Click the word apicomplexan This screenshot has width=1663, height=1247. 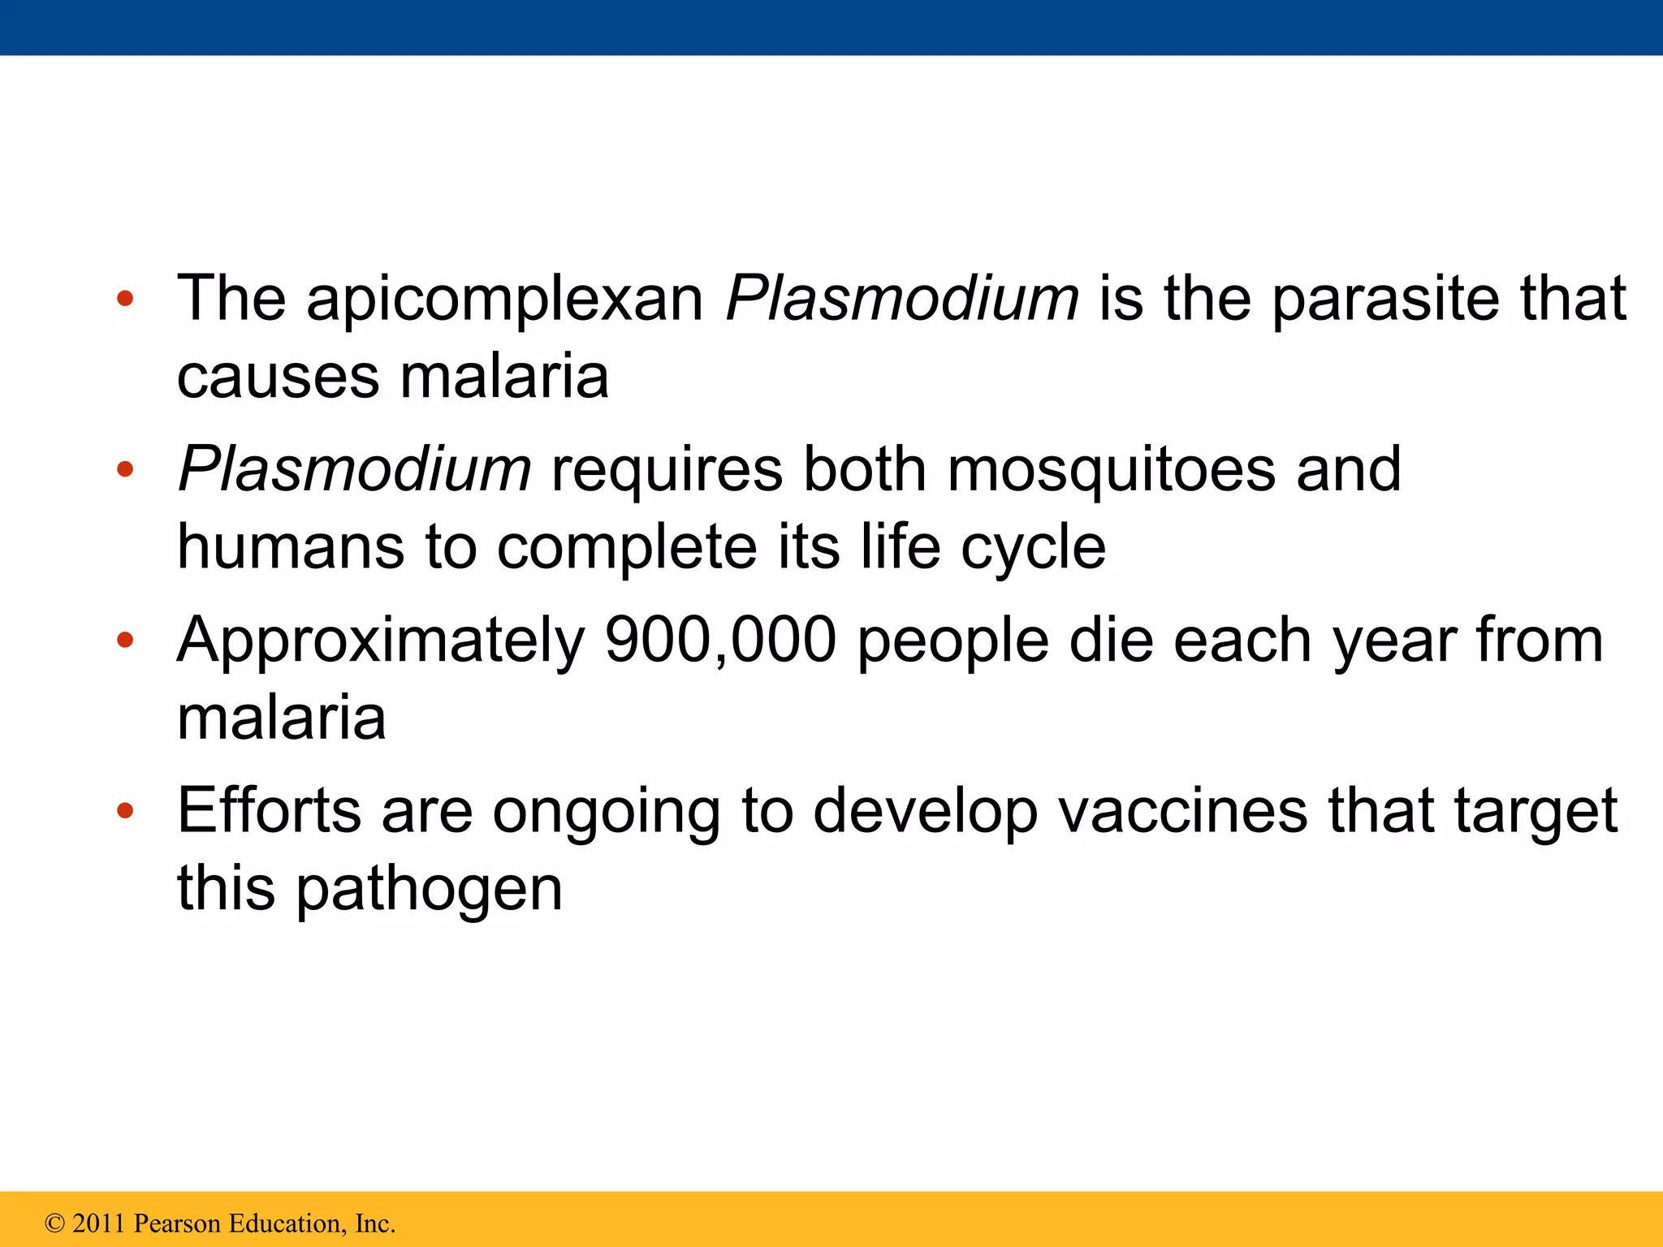504,300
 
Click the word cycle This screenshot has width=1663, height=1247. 1033,549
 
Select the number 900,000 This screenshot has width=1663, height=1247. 720,641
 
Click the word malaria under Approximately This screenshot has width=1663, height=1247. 281,718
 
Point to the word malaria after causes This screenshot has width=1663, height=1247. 504,378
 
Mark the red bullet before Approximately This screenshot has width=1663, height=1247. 124,641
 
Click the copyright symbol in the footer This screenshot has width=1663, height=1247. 54,1223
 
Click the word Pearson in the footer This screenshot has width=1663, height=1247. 176,1223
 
